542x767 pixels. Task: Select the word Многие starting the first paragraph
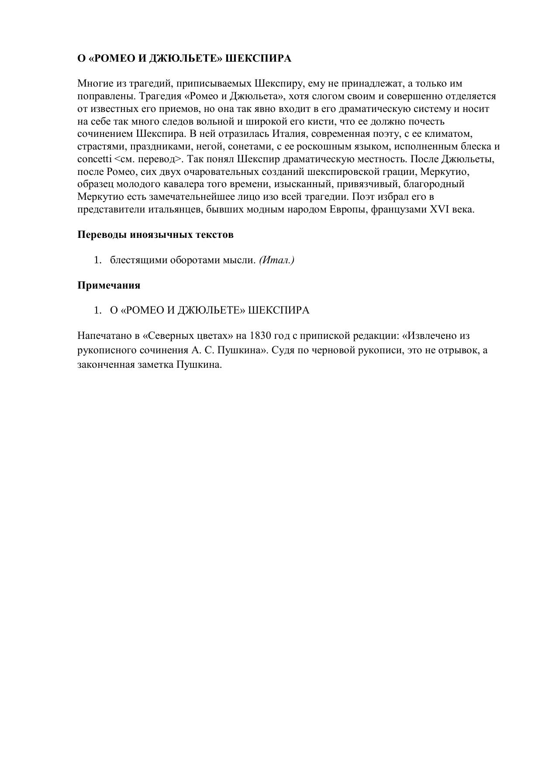click(x=93, y=84)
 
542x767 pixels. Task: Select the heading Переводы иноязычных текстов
click(x=155, y=234)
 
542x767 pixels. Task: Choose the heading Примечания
click(x=109, y=285)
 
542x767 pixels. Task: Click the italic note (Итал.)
click(x=276, y=260)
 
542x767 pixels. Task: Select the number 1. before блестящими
click(x=97, y=260)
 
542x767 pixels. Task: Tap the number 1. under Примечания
click(x=97, y=310)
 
